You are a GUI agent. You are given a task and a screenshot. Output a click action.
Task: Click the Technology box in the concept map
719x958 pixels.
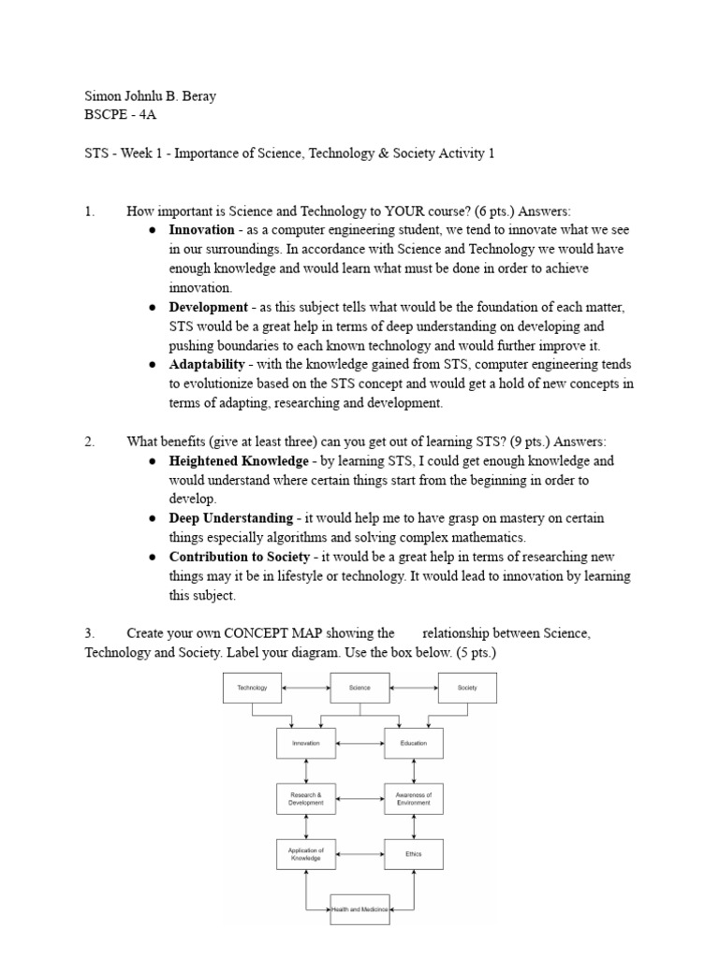tap(252, 688)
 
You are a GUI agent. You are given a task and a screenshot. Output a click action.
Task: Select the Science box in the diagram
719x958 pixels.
tap(359, 688)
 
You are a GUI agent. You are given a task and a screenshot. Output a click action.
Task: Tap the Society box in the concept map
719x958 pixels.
tap(467, 688)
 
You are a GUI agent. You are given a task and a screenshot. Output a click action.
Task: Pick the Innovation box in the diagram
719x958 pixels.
tap(305, 744)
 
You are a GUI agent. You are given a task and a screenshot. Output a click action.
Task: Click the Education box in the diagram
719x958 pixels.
tap(413, 744)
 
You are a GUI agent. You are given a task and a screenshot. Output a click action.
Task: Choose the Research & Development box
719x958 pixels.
tap(305, 799)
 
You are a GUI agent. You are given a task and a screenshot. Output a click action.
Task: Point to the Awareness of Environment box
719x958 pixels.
tap(413, 799)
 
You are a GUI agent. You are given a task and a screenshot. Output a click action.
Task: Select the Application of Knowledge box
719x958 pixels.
tap(305, 854)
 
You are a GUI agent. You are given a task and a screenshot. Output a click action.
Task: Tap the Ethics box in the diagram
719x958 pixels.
tap(413, 854)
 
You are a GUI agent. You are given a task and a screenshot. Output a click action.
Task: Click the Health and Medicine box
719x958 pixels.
tap(359, 909)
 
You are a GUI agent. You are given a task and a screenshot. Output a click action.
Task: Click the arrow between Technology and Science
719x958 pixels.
tap(306, 688)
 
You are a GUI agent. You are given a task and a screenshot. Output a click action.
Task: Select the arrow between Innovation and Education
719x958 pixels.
tap(359, 744)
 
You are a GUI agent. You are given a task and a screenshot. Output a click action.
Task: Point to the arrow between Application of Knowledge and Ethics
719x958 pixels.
tap(359, 854)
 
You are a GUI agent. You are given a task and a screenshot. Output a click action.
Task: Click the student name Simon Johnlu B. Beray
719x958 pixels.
tap(150, 97)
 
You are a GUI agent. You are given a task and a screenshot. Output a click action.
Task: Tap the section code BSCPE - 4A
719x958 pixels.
tap(117, 116)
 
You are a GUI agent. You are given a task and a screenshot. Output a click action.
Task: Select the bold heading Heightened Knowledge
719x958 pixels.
tap(238, 461)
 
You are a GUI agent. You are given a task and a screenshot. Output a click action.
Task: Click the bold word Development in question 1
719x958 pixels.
tap(208, 307)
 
